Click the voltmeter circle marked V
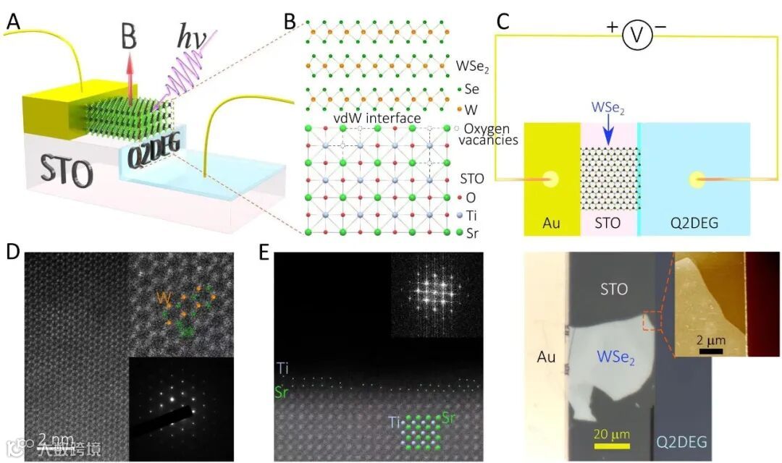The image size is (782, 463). click(x=638, y=35)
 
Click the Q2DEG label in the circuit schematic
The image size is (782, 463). click(x=694, y=223)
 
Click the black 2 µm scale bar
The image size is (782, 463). click(x=711, y=352)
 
